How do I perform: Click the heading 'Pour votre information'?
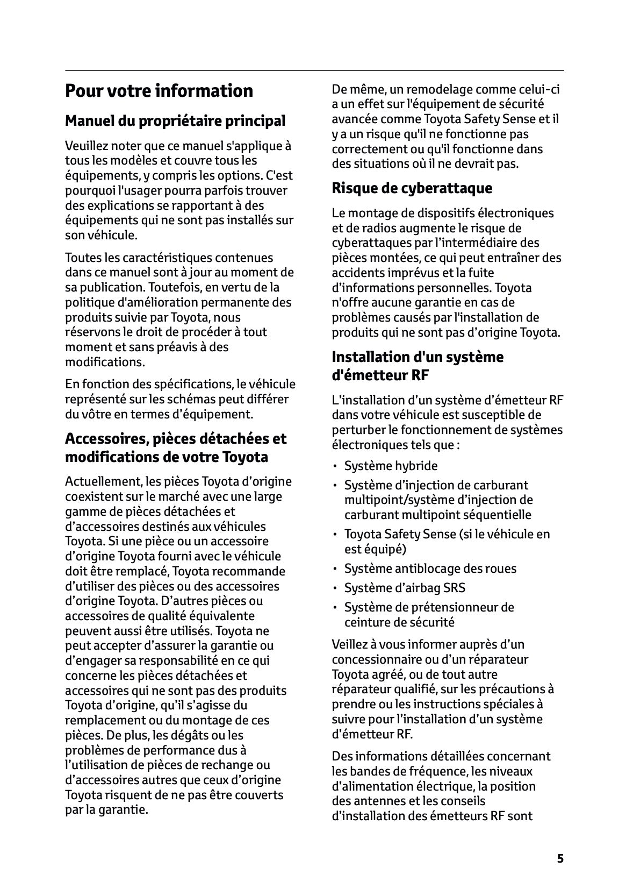pyautogui.click(x=159, y=91)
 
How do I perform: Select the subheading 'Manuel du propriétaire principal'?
pyautogui.click(x=175, y=121)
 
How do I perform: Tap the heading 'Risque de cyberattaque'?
pyautogui.click(x=412, y=188)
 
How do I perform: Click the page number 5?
pyautogui.click(x=560, y=858)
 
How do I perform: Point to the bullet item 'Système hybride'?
pyautogui.click(x=391, y=466)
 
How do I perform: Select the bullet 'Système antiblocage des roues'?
pyautogui.click(x=430, y=568)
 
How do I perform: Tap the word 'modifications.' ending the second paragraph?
pyautogui.click(x=105, y=362)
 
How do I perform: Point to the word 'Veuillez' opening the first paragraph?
pyautogui.click(x=84, y=146)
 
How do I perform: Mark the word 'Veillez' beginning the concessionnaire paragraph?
pyautogui.click(x=349, y=644)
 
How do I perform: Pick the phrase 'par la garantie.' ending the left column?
pyautogui.click(x=106, y=810)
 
